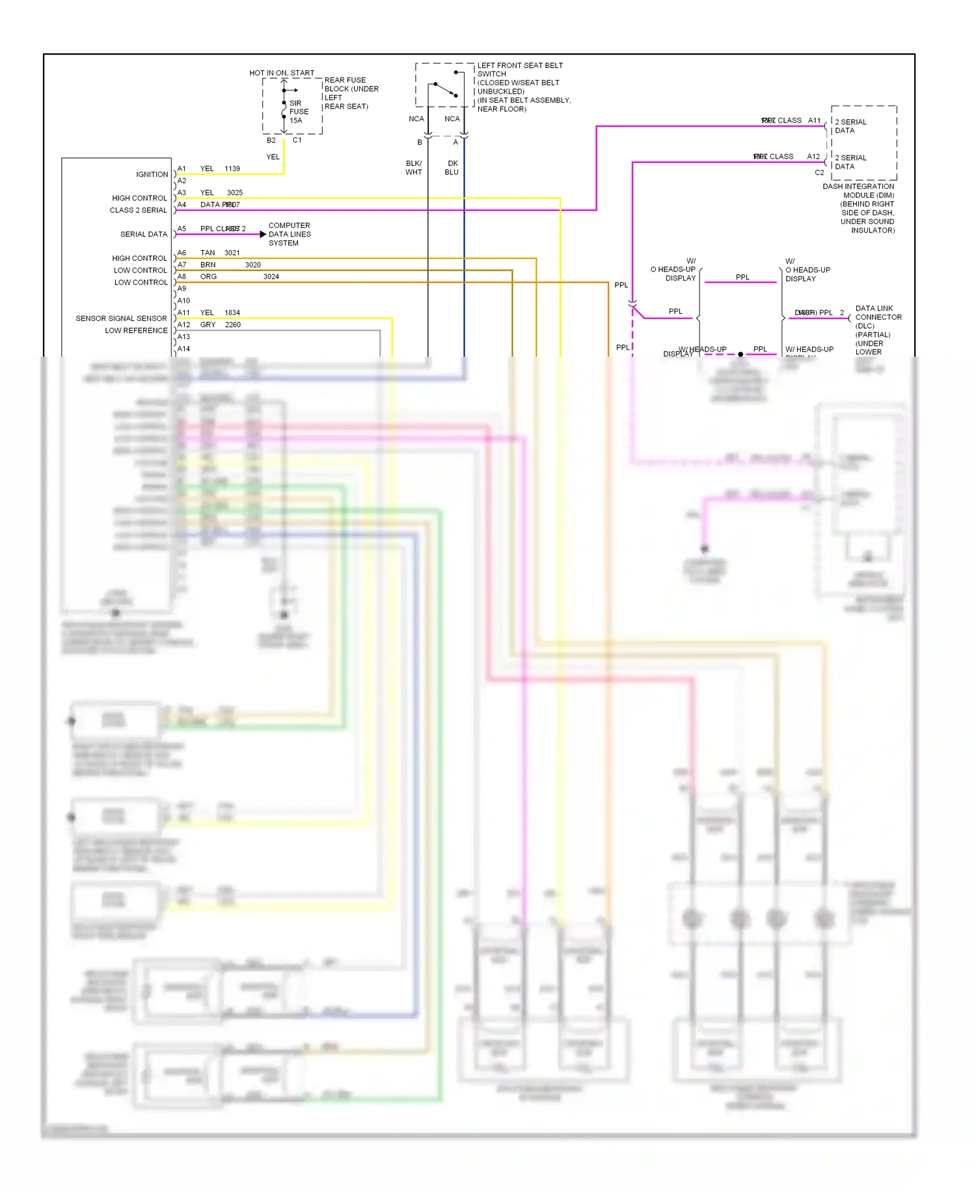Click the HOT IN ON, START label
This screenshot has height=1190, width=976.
(282, 73)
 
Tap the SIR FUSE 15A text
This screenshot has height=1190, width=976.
(299, 112)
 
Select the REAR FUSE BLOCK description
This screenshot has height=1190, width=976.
(351, 93)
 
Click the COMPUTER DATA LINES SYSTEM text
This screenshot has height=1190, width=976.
(290, 234)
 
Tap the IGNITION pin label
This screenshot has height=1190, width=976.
(152, 174)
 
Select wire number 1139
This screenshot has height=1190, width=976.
(232, 169)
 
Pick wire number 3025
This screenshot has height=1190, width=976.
(235, 193)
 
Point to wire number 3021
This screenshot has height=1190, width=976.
(232, 253)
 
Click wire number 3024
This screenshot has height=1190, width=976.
(271, 277)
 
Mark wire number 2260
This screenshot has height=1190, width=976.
(233, 325)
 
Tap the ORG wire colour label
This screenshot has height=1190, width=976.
(209, 277)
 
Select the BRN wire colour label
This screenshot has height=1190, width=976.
(208, 265)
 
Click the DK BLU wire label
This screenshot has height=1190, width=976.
(452, 168)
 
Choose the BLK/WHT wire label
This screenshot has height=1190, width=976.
(414, 168)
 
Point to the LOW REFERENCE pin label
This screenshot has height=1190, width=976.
(136, 331)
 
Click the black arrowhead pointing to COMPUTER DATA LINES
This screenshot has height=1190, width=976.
(263, 234)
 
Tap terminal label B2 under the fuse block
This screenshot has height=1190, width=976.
(271, 141)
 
